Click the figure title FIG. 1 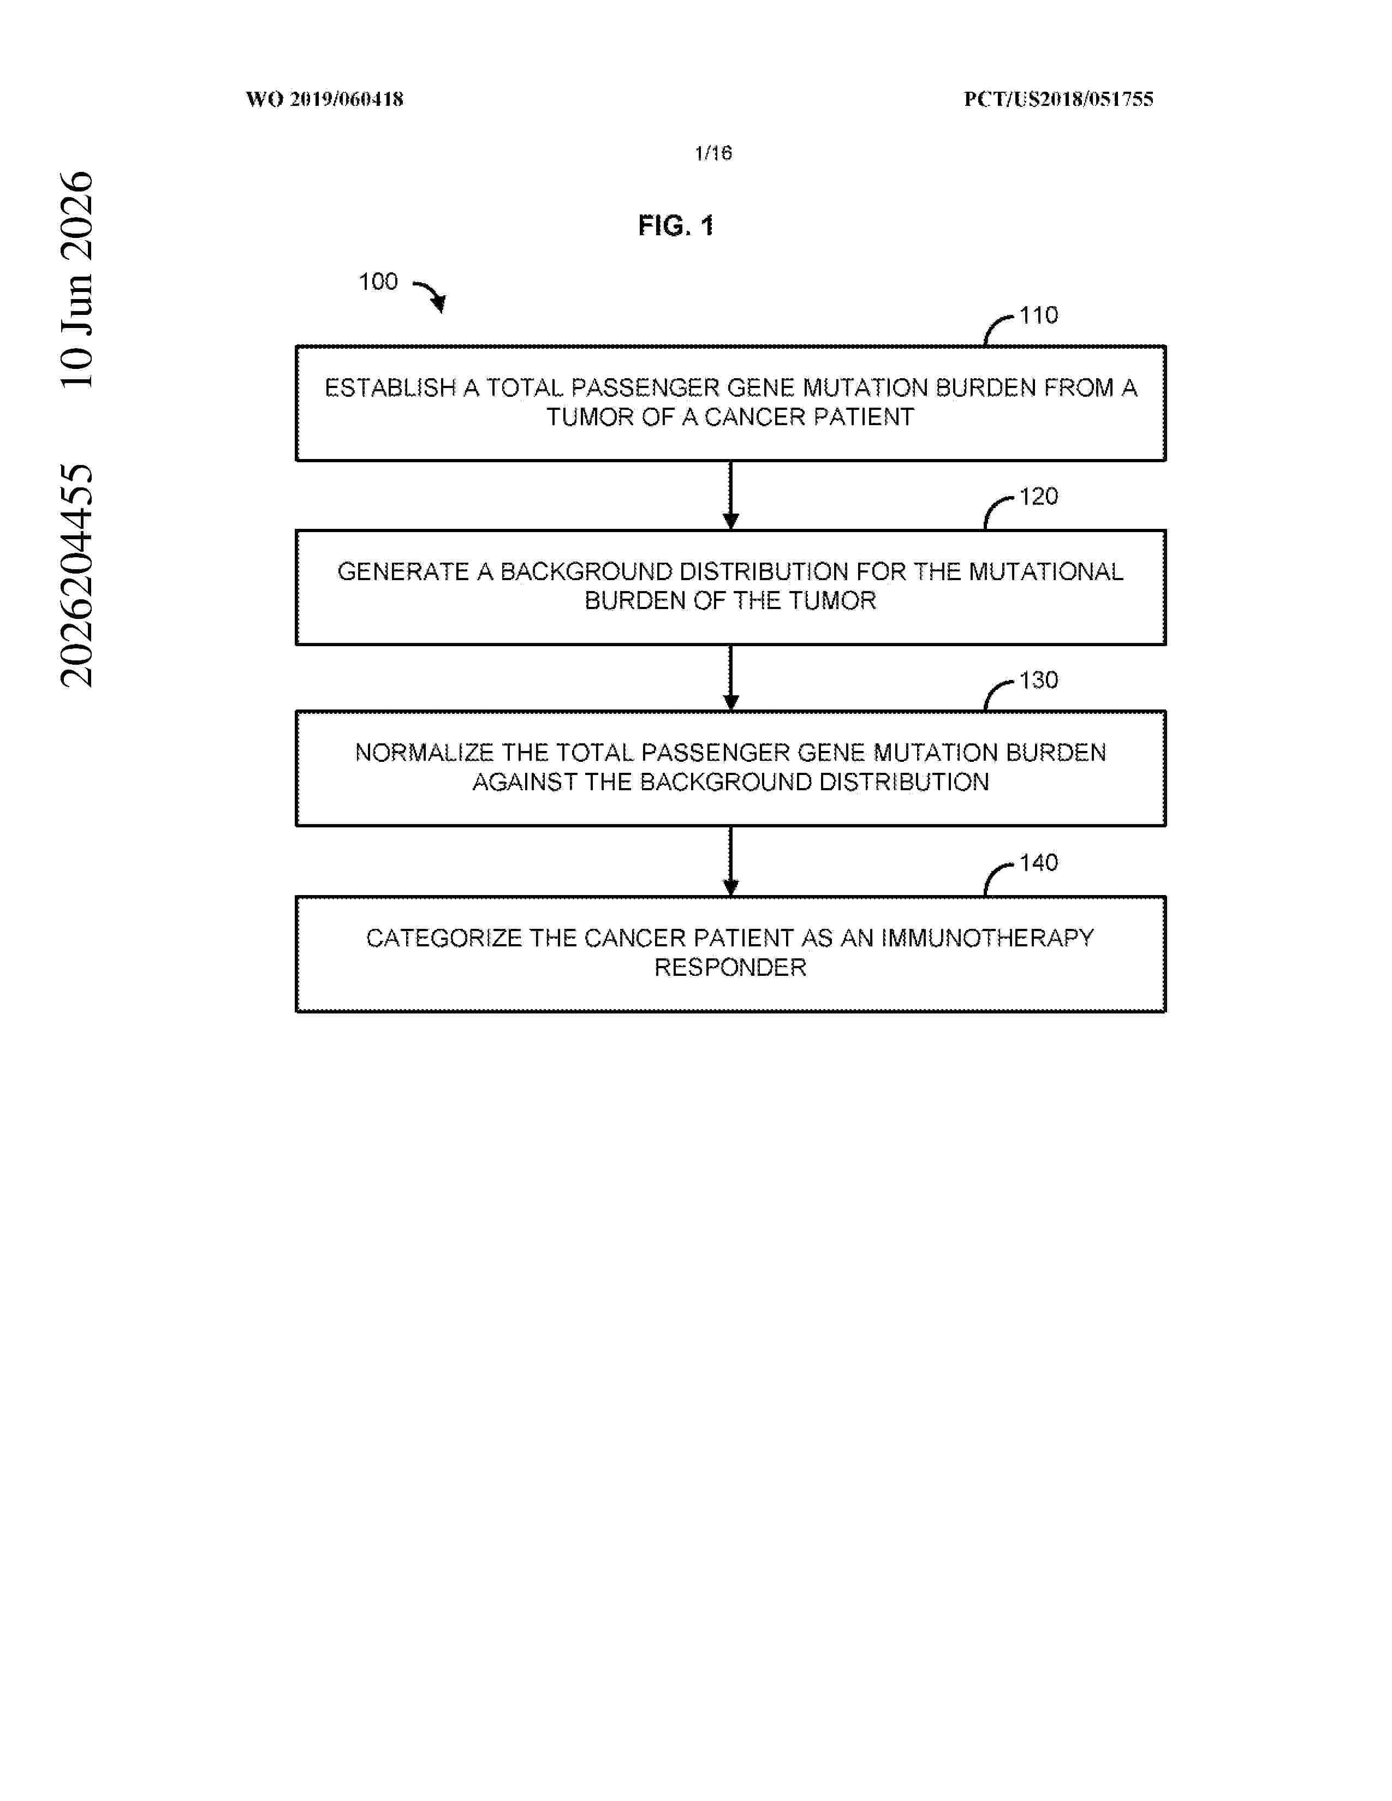[x=675, y=225]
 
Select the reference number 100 [x=378, y=282]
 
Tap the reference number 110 [x=1038, y=315]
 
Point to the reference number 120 [x=1038, y=497]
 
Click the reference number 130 [x=1038, y=681]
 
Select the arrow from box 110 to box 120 [x=730, y=495]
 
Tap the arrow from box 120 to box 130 [x=730, y=678]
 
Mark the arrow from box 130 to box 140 [x=730, y=861]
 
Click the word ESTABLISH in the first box [x=390, y=387]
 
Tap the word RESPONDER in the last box [x=730, y=967]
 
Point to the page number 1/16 [x=713, y=153]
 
